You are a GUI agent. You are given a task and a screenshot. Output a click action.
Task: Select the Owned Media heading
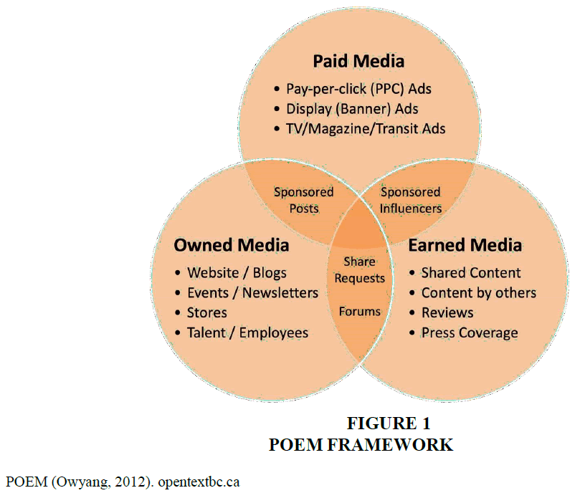(231, 245)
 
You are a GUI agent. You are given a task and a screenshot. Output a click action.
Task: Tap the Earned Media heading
(465, 245)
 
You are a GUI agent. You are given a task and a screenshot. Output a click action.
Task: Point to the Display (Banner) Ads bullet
(352, 109)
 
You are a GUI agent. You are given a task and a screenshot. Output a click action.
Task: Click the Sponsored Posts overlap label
(304, 200)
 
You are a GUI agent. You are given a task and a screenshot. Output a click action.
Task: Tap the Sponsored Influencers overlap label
(411, 200)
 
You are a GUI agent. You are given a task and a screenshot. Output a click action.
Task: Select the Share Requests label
(359, 269)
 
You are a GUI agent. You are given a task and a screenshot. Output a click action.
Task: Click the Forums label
(360, 311)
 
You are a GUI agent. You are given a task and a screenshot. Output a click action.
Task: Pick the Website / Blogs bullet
(236, 272)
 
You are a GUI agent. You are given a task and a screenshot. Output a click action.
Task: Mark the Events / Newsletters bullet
(252, 292)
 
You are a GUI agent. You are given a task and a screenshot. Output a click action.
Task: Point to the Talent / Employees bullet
(247, 332)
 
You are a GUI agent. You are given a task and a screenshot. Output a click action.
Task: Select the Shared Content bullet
(470, 272)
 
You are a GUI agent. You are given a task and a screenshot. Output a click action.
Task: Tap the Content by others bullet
(478, 292)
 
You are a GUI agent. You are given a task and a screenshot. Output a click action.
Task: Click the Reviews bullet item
(447, 312)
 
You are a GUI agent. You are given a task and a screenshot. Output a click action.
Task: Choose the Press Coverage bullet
(469, 332)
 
